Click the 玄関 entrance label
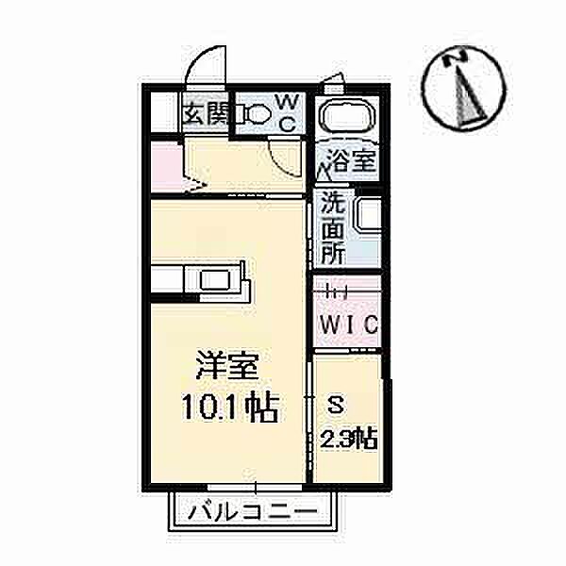point(204,114)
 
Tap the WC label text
point(286,110)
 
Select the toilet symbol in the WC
point(253,114)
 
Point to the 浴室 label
point(350,159)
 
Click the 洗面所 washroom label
point(331,226)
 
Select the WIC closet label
point(348,324)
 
